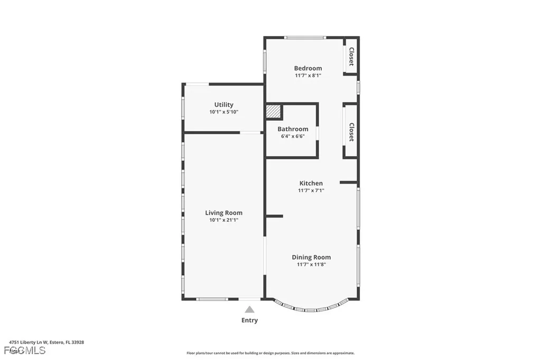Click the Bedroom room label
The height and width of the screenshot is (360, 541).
(x=308, y=68)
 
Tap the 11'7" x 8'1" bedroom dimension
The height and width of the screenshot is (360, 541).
(x=308, y=75)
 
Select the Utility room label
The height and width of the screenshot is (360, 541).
(x=223, y=105)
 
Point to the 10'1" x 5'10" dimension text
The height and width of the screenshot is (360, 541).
(x=223, y=112)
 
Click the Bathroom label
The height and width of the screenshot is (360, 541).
(x=293, y=129)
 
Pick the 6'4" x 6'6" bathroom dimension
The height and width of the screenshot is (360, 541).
(x=293, y=136)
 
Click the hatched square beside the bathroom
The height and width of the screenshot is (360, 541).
(x=273, y=112)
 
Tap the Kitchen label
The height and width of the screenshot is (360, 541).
(x=311, y=183)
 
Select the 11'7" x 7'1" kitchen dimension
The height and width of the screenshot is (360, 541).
(x=311, y=191)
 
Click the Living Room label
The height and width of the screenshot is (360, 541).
(x=223, y=213)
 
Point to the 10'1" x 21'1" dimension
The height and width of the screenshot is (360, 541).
(x=223, y=220)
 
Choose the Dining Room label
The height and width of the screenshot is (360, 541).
(x=311, y=257)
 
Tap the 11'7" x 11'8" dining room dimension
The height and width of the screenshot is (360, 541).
(x=311, y=264)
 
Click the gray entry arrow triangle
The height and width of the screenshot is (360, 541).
(x=249, y=309)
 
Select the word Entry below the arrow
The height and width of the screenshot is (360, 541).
(x=249, y=320)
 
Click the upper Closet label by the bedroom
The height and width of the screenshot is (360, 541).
(x=351, y=56)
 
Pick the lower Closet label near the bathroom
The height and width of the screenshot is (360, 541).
(x=351, y=132)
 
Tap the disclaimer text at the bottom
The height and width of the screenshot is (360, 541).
(x=270, y=353)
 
